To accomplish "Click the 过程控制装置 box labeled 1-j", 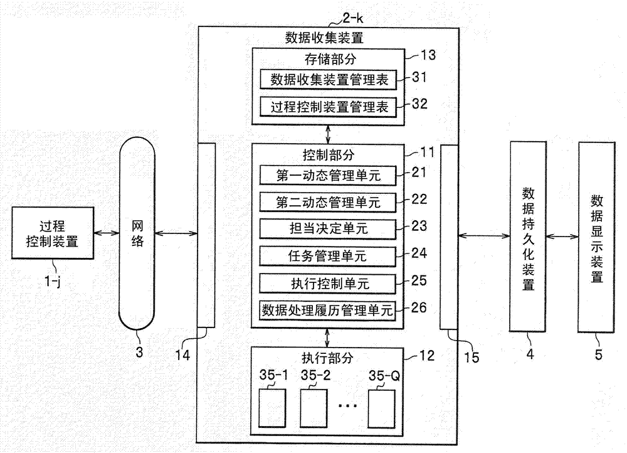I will pyautogui.click(x=51, y=233).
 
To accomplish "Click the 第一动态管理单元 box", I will pyautogui.click(x=329, y=175).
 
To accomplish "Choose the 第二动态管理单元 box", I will pyautogui.click(x=329, y=202).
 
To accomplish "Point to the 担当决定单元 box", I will pyautogui.click(x=329, y=229).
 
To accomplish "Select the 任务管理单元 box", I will pyautogui.click(x=329, y=256).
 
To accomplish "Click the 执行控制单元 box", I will pyautogui.click(x=329, y=283).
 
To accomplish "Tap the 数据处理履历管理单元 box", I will pyautogui.click(x=329, y=310).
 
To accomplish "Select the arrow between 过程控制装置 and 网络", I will pyautogui.click(x=105, y=233).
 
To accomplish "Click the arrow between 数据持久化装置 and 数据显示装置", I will pyautogui.click(x=563, y=237).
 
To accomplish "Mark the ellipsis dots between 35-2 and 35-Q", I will pyautogui.click(x=347, y=406).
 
